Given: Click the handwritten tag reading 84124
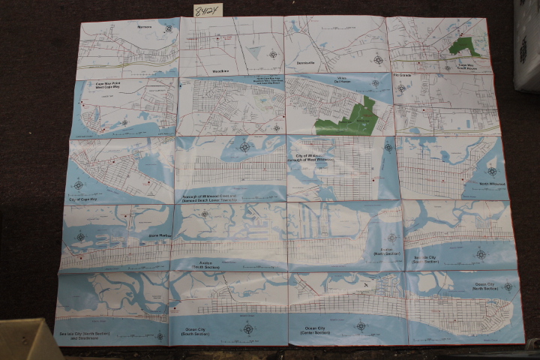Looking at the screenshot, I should [x=207, y=10].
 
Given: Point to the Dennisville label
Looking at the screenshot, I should [x=309, y=64].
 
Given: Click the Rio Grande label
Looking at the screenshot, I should [x=404, y=75].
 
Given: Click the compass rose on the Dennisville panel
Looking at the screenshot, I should [x=378, y=59].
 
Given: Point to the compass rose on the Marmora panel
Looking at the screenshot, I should [x=169, y=28].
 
